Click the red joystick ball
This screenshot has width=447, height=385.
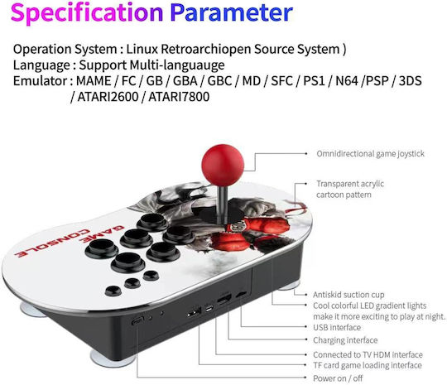(x=223, y=165)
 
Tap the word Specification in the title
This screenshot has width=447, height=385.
(x=87, y=13)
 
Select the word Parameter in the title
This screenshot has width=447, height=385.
(x=232, y=13)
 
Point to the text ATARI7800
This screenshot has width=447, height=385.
(x=179, y=97)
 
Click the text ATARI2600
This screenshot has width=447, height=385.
(x=108, y=97)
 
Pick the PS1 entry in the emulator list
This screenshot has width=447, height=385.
(x=314, y=81)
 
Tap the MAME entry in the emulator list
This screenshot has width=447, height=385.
(x=94, y=81)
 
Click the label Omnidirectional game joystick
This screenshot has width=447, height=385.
(x=370, y=154)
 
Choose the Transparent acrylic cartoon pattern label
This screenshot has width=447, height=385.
(x=350, y=189)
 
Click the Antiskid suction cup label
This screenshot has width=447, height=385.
(x=348, y=294)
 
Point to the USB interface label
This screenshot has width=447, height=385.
(x=337, y=327)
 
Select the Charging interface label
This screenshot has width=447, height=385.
(x=345, y=340)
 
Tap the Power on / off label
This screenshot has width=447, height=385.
(x=338, y=378)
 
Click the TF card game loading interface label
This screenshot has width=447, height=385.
(x=368, y=365)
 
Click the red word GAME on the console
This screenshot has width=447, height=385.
(x=102, y=233)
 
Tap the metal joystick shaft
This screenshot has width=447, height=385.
(x=223, y=204)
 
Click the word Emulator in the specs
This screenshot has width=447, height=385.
(x=40, y=81)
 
